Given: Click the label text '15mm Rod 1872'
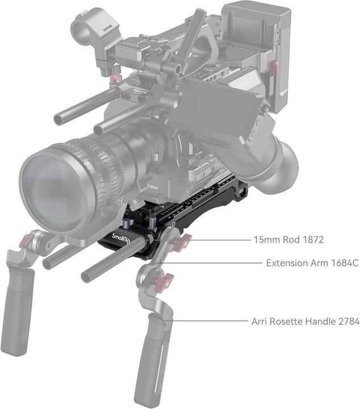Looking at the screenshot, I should [x=288, y=240].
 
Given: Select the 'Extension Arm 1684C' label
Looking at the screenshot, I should [x=312, y=264].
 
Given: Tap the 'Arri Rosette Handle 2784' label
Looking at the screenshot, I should [x=305, y=322].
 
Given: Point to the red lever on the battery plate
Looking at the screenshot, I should [x=273, y=69].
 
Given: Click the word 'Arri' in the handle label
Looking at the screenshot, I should [x=260, y=322].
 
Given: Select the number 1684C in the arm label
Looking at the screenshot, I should [x=343, y=264].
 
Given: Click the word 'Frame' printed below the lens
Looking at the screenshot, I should [x=152, y=186].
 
